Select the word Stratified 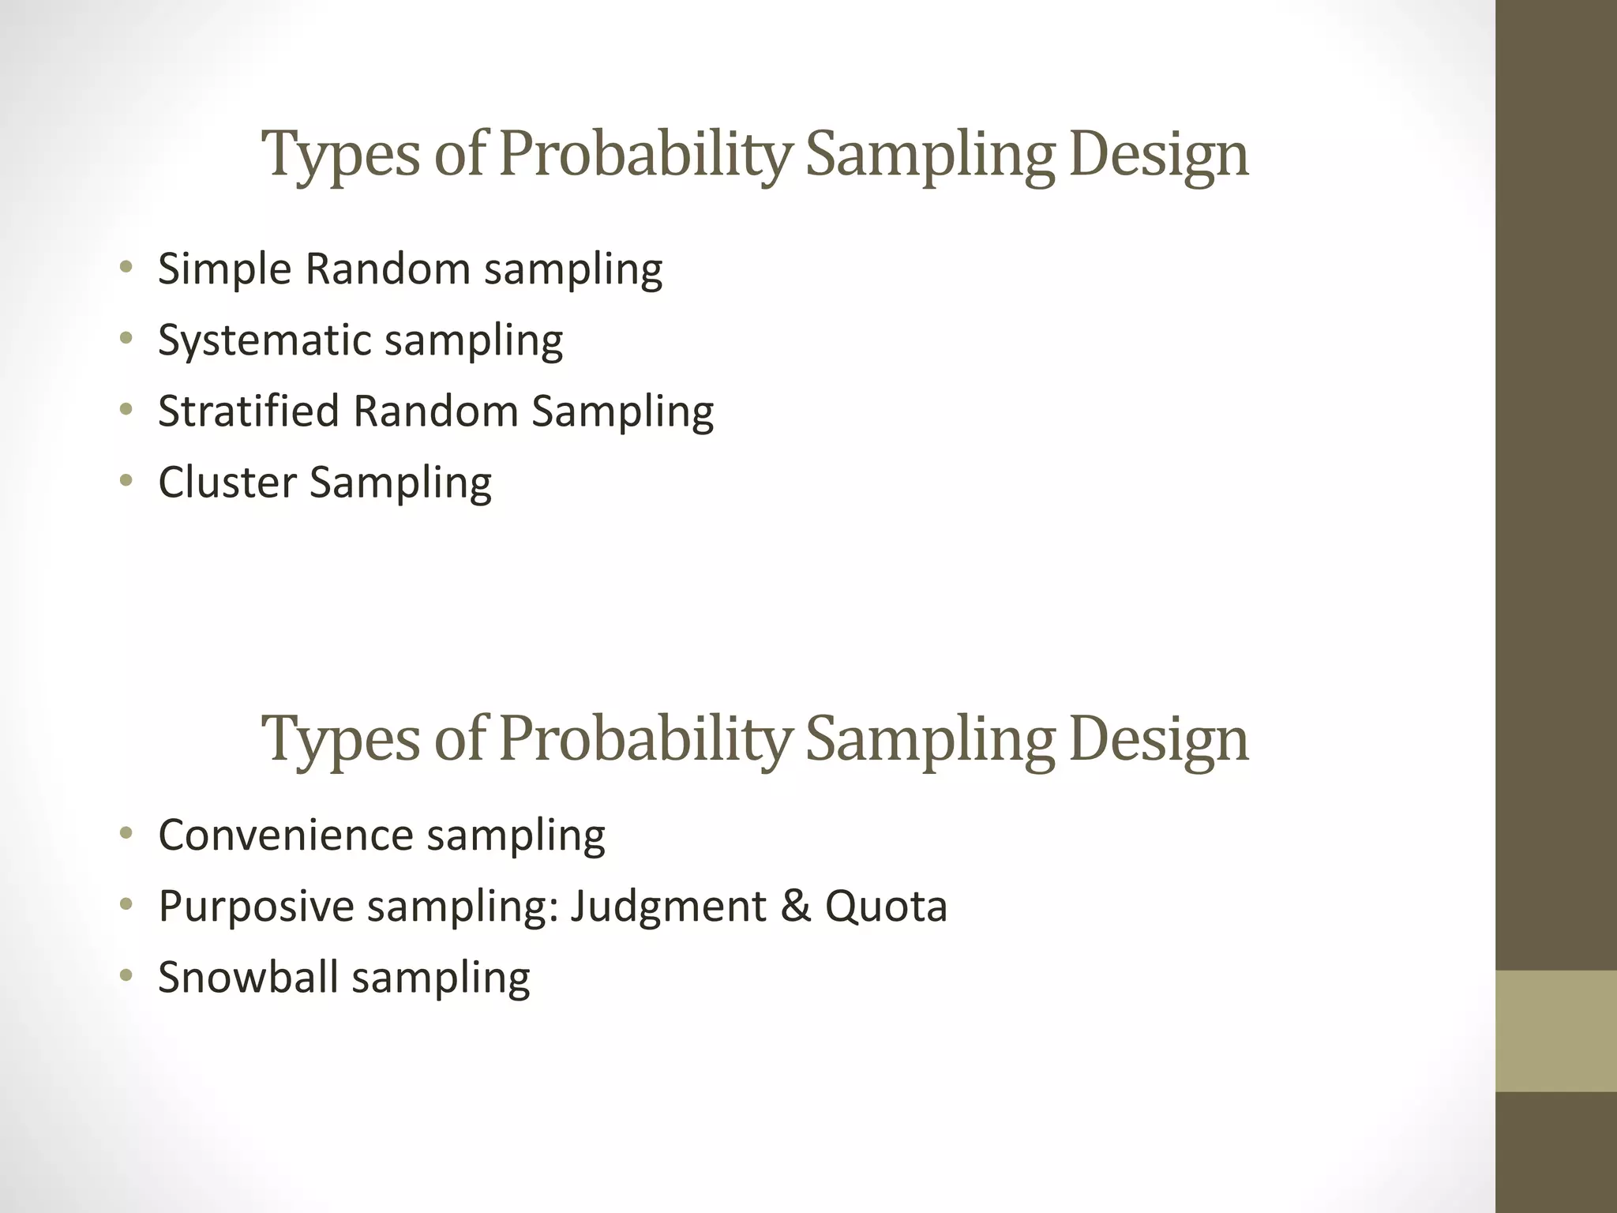pos(249,412)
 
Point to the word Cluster pos(227,483)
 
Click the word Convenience pos(286,835)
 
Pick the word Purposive pos(256,907)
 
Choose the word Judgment pos(668,907)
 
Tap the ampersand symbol pos(796,906)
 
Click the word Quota pos(886,907)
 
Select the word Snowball pos(248,978)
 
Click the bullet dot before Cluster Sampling pos(126,480)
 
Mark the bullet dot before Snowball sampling pos(126,976)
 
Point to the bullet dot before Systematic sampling pos(126,339)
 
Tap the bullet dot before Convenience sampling pos(126,833)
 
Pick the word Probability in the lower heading pos(644,739)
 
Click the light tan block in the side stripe pos(1556,1031)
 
